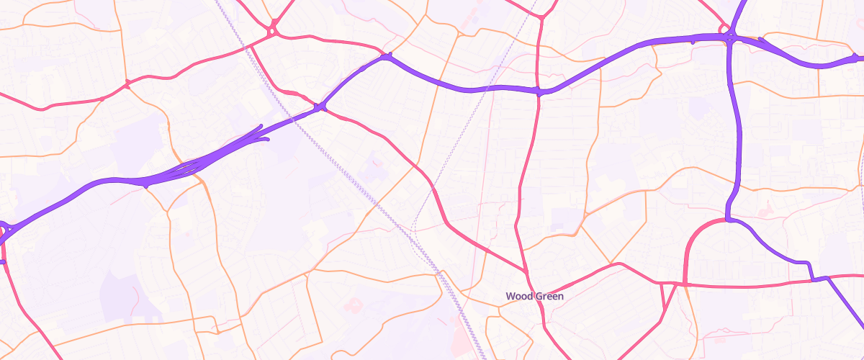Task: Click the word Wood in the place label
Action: [518, 296]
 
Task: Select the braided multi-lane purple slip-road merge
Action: [189, 168]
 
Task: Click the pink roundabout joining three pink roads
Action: [273, 32]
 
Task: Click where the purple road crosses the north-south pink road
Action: [539, 91]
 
